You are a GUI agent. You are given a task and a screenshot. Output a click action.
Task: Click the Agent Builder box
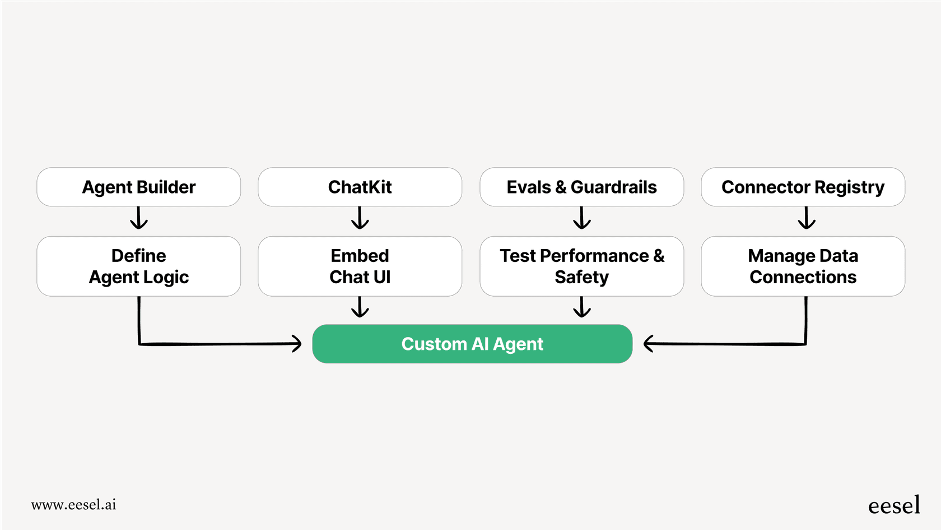pyautogui.click(x=138, y=187)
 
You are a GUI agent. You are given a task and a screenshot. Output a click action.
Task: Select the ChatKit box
pyautogui.click(x=360, y=187)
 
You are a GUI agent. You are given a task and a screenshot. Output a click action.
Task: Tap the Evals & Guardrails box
pyautogui.click(x=581, y=187)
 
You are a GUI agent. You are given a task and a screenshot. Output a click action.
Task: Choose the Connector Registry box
pyautogui.click(x=803, y=187)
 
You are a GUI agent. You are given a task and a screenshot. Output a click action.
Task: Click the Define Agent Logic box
pyautogui.click(x=138, y=266)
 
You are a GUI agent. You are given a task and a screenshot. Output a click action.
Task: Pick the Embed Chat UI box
pyautogui.click(x=360, y=266)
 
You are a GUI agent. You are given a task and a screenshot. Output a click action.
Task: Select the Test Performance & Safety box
pyautogui.click(x=581, y=266)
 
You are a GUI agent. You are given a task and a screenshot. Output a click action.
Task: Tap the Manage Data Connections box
pyautogui.click(x=803, y=266)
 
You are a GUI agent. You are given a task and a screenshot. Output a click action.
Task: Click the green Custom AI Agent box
pyautogui.click(x=472, y=344)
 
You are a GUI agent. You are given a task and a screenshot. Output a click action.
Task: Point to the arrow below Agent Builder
pyautogui.click(x=139, y=219)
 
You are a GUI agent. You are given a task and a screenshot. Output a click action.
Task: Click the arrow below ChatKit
pyautogui.click(x=360, y=219)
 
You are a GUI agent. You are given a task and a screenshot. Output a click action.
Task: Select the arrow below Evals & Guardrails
pyautogui.click(x=582, y=219)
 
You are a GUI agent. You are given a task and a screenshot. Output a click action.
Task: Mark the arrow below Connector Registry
pyautogui.click(x=807, y=219)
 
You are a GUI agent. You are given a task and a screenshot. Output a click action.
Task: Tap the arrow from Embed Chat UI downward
pyautogui.click(x=360, y=307)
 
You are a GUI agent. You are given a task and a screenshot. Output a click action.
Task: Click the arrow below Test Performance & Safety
pyautogui.click(x=582, y=307)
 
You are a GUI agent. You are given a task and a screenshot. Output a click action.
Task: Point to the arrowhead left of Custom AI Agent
pyautogui.click(x=297, y=344)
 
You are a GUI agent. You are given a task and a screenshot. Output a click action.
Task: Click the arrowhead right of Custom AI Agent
pyautogui.click(x=649, y=344)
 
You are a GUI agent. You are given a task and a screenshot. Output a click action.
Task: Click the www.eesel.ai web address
pyautogui.click(x=73, y=505)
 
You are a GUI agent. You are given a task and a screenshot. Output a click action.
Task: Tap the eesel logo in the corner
pyautogui.click(x=894, y=505)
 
